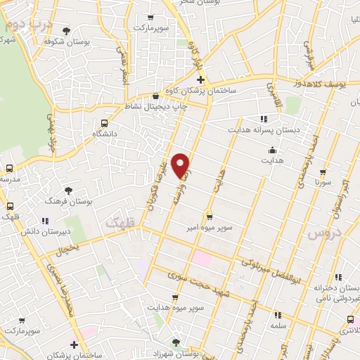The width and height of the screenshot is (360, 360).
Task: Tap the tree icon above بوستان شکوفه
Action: [x=67, y=30]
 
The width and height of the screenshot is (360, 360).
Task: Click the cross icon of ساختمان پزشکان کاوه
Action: [x=200, y=79]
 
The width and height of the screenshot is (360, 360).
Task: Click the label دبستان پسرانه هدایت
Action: [x=257, y=130]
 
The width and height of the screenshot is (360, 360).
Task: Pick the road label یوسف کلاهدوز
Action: [x=333, y=84]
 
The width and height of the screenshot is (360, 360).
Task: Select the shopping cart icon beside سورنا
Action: [x=323, y=172]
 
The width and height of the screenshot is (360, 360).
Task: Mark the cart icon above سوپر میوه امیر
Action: [x=209, y=216]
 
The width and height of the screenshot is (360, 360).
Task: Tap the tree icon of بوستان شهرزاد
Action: [x=176, y=342]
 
